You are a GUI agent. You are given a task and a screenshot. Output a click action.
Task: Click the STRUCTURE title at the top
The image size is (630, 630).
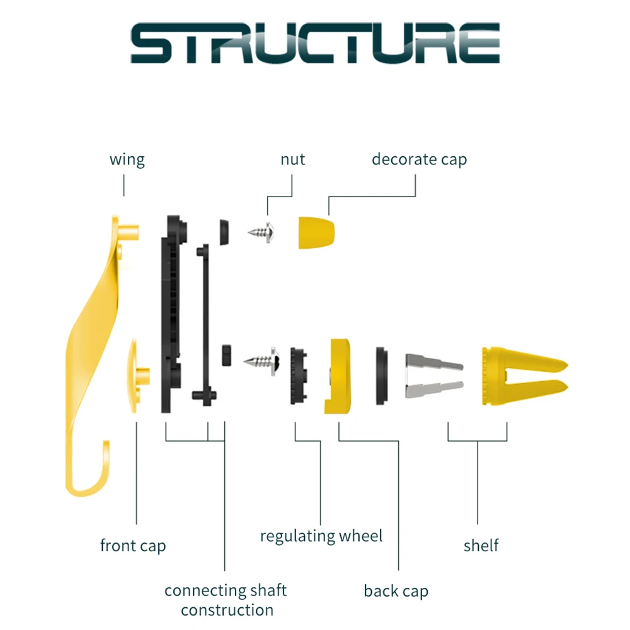pos(315,44)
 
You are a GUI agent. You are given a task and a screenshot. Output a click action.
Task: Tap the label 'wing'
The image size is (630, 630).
pos(127,159)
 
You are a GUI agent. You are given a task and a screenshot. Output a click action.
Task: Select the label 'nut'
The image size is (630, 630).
pos(292,159)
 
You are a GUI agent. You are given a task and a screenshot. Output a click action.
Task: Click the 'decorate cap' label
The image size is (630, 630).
pos(419,159)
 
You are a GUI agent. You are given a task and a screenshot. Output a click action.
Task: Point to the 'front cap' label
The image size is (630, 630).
pos(133,545)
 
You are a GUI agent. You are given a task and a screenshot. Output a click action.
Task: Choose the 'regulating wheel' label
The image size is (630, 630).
pos(321,536)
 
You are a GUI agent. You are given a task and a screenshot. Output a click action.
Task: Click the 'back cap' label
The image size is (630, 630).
pos(396,591)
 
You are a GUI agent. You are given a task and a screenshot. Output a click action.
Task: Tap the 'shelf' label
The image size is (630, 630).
pos(481,545)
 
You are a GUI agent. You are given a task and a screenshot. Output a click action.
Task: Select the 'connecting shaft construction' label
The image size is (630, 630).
pos(226,600)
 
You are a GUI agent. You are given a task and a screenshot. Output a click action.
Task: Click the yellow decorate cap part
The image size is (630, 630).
pos(316,232)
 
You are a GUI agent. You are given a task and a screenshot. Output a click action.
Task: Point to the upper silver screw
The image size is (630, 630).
pos(264,232)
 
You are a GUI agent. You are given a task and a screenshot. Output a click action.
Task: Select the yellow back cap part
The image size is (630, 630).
pos(340,376)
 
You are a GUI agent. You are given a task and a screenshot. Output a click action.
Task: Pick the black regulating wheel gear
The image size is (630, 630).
pos(299,376)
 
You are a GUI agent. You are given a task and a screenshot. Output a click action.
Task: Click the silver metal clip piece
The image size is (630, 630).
pos(435,375)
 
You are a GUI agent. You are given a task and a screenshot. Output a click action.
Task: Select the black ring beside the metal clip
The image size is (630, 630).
pos(382,376)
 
